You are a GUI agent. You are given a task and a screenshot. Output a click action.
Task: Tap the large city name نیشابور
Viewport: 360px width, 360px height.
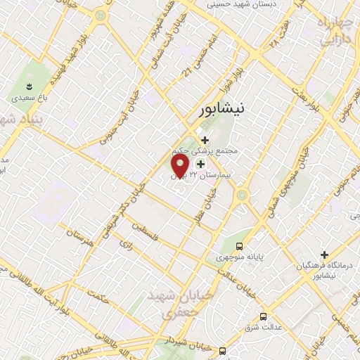tap(220, 110)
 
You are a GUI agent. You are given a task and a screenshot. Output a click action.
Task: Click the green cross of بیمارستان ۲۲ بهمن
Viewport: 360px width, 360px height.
tap(201, 164)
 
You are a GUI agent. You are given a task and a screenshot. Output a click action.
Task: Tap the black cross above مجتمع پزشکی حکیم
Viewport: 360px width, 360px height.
tap(205, 140)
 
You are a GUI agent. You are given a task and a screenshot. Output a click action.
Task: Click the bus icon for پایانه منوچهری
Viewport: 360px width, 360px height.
tap(240, 246)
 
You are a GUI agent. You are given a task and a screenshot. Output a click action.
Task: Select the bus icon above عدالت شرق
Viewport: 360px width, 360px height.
tap(264, 316)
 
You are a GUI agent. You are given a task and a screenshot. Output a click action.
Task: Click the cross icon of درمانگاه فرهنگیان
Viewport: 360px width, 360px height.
tap(324, 254)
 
